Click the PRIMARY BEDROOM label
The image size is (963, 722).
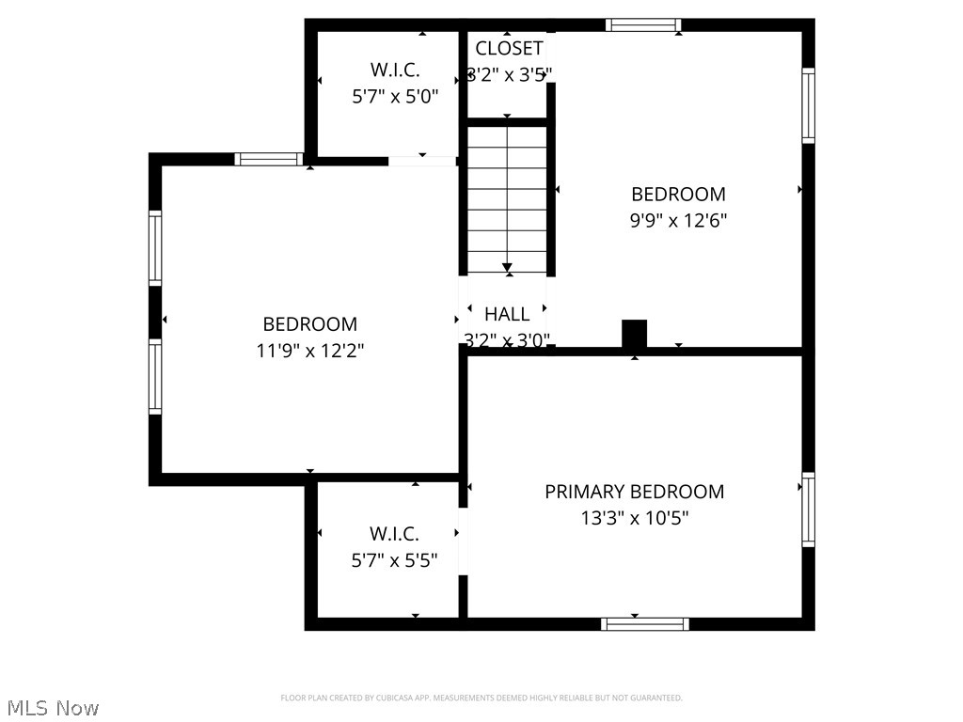(x=635, y=492)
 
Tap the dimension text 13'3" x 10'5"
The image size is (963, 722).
(x=635, y=517)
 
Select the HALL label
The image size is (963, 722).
(x=507, y=314)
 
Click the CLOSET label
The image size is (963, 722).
(x=509, y=48)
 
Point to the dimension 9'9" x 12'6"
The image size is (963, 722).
(x=678, y=220)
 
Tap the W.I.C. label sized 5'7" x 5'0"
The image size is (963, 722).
(x=394, y=70)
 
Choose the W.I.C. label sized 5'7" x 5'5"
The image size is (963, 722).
(x=394, y=534)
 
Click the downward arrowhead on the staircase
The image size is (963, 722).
(x=508, y=268)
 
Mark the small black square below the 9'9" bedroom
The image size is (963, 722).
(x=635, y=334)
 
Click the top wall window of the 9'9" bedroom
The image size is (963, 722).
(x=643, y=24)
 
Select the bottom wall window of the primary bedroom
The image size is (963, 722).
(x=645, y=623)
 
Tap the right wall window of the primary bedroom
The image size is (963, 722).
(x=808, y=510)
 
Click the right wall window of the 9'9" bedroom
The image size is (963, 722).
(x=808, y=104)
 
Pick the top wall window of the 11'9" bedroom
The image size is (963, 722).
(x=269, y=159)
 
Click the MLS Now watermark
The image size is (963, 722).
(x=52, y=708)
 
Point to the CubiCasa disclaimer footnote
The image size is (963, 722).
(x=481, y=698)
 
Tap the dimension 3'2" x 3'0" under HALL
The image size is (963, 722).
(x=507, y=339)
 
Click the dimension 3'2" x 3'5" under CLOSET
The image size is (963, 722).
(x=509, y=73)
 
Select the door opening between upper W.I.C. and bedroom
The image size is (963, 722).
(x=422, y=162)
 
